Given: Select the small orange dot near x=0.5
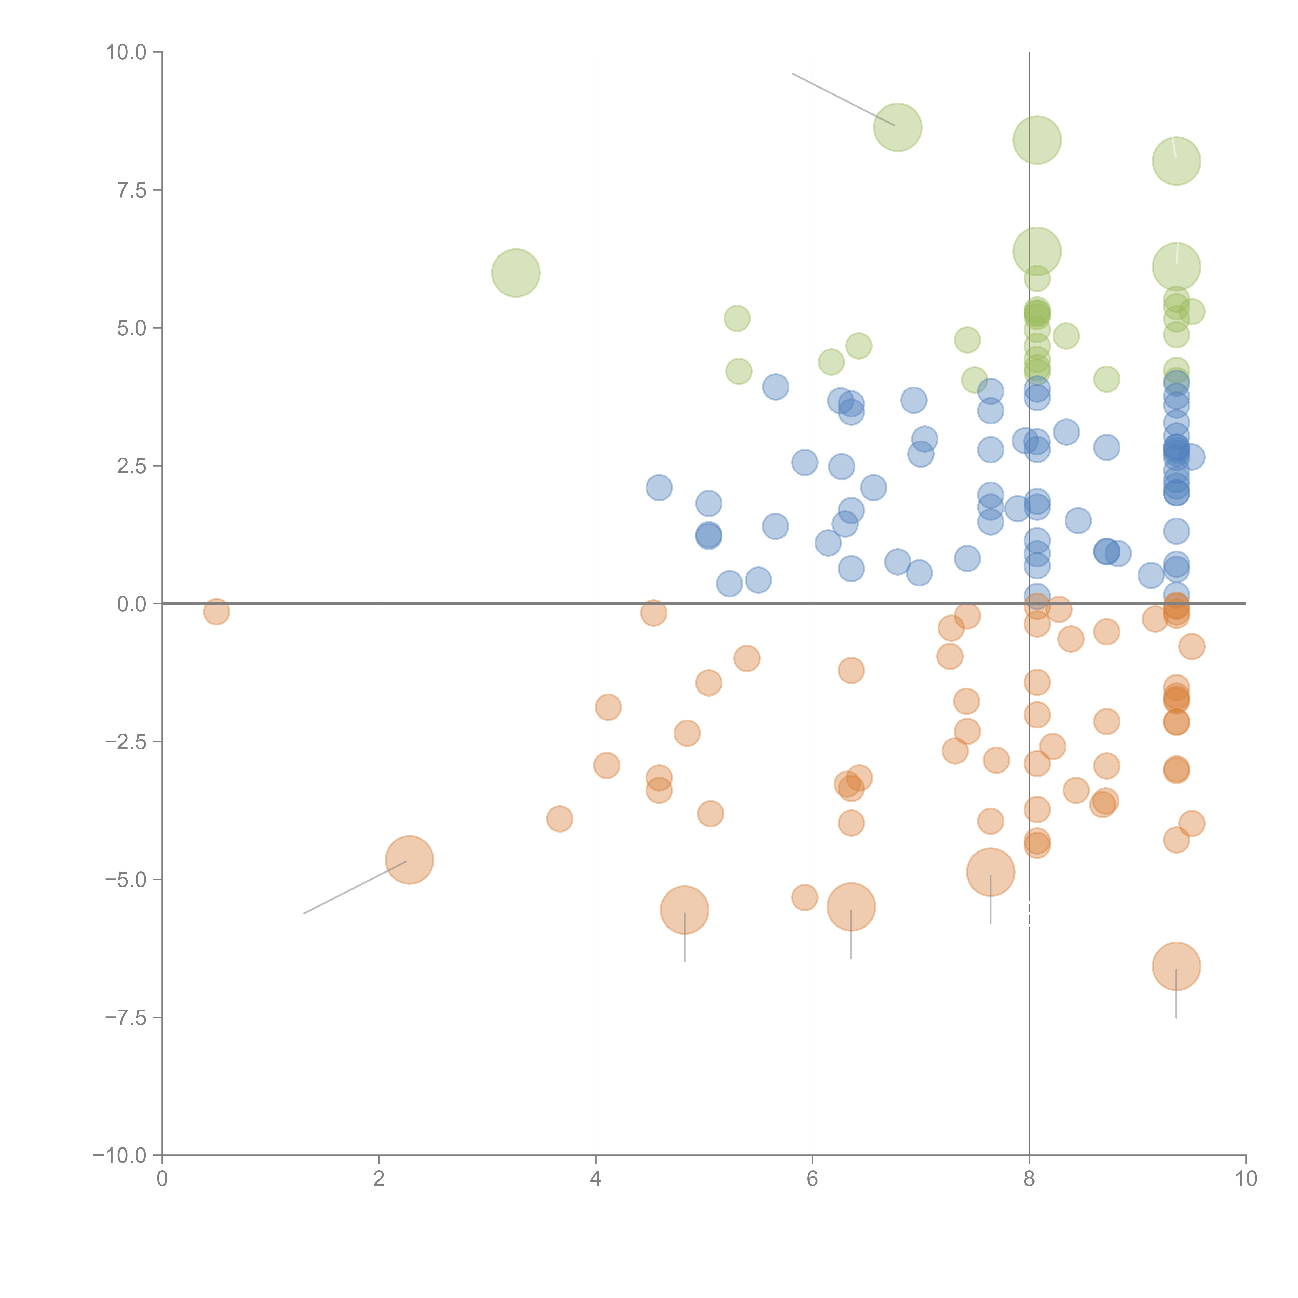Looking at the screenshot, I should tap(216, 611).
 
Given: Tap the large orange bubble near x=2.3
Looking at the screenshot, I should tap(409, 860).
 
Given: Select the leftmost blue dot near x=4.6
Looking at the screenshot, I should tap(659, 487).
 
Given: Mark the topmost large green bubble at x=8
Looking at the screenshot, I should tap(1037, 140).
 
